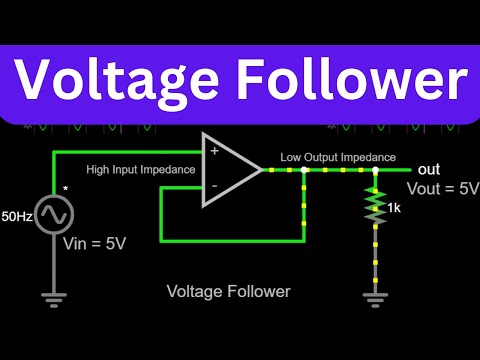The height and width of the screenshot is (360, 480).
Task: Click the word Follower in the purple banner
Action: point(351,77)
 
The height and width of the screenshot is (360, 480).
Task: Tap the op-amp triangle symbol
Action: point(229,169)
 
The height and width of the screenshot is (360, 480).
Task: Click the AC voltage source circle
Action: point(53,214)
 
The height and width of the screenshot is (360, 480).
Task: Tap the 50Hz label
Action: point(15,215)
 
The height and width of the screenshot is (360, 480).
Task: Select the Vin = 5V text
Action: point(94,242)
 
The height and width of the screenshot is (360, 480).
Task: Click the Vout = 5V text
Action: point(442,189)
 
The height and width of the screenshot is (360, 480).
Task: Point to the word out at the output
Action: point(429,169)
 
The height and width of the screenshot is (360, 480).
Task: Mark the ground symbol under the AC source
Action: point(53,296)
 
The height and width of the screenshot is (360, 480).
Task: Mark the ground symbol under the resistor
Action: point(376,296)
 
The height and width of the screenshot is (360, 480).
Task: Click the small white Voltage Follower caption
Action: point(228,292)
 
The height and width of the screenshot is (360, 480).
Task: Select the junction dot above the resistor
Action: point(376,170)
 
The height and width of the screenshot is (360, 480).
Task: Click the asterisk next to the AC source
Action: point(65,188)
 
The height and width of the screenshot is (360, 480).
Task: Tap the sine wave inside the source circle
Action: point(53,215)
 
